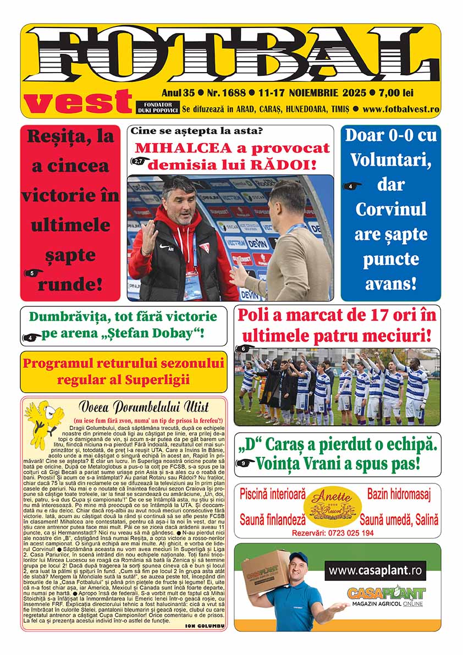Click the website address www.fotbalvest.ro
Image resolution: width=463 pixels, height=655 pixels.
[x=401, y=109]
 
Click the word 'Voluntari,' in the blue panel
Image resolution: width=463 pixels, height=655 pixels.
[x=390, y=159]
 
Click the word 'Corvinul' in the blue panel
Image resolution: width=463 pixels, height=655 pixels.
[x=390, y=209]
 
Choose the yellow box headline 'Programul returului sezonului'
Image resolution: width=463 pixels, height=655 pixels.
[x=124, y=364]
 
